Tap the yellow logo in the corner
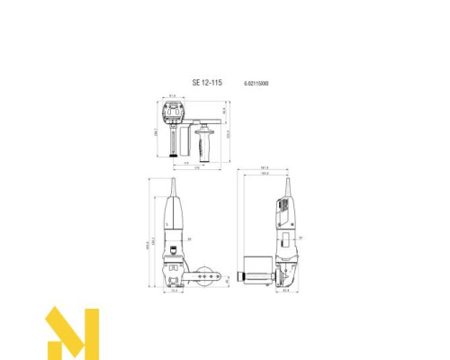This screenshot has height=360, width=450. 72,334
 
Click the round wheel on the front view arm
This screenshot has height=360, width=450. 210,278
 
